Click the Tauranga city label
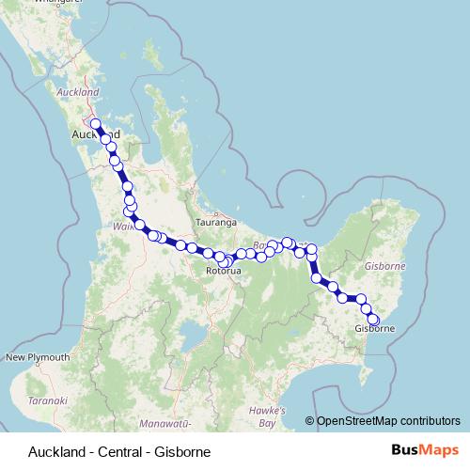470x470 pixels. [x=215, y=223]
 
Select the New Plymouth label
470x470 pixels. [x=38, y=358]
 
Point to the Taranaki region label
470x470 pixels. [x=48, y=400]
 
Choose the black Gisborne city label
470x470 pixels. [x=374, y=329]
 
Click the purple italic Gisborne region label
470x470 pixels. [x=384, y=267]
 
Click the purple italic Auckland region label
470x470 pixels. [x=78, y=93]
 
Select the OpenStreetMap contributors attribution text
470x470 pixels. [x=387, y=421]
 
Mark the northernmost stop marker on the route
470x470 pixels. [x=95, y=123]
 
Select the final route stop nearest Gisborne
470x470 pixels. [x=373, y=321]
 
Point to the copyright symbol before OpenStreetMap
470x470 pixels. [x=309, y=421]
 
